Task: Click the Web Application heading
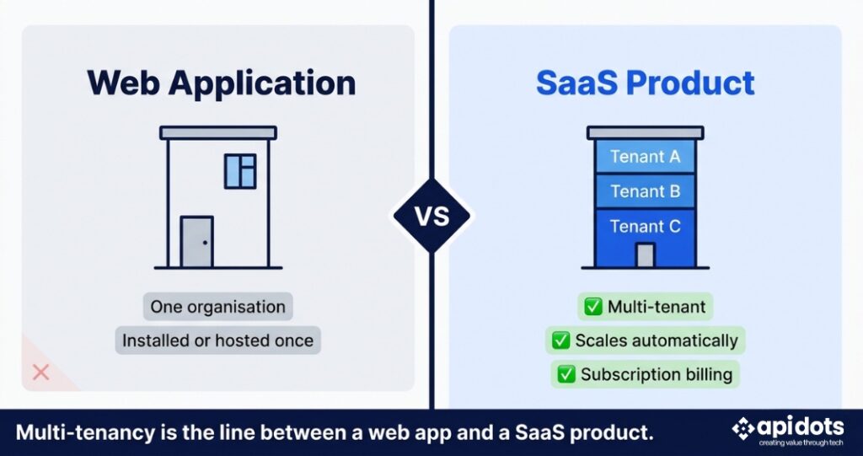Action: pyautogui.click(x=222, y=83)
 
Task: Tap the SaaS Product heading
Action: pyautogui.click(x=645, y=83)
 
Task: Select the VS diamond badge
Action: pyautogui.click(x=432, y=217)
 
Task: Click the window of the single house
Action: pyautogui.click(x=240, y=171)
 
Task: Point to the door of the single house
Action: pyautogui.click(x=197, y=242)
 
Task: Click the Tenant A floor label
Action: pyautogui.click(x=645, y=157)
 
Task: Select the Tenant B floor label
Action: pyautogui.click(x=645, y=191)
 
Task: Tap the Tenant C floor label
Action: pyautogui.click(x=645, y=227)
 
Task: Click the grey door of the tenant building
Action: pyautogui.click(x=645, y=255)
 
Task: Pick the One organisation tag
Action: pyautogui.click(x=218, y=307)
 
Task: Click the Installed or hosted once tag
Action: pyautogui.click(x=218, y=341)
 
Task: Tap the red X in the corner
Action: pyautogui.click(x=40, y=373)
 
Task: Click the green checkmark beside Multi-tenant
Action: pyautogui.click(x=592, y=307)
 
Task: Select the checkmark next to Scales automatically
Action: pyautogui.click(x=560, y=341)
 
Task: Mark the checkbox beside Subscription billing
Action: pyautogui.click(x=566, y=375)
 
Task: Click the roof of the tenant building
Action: pyautogui.click(x=645, y=132)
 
